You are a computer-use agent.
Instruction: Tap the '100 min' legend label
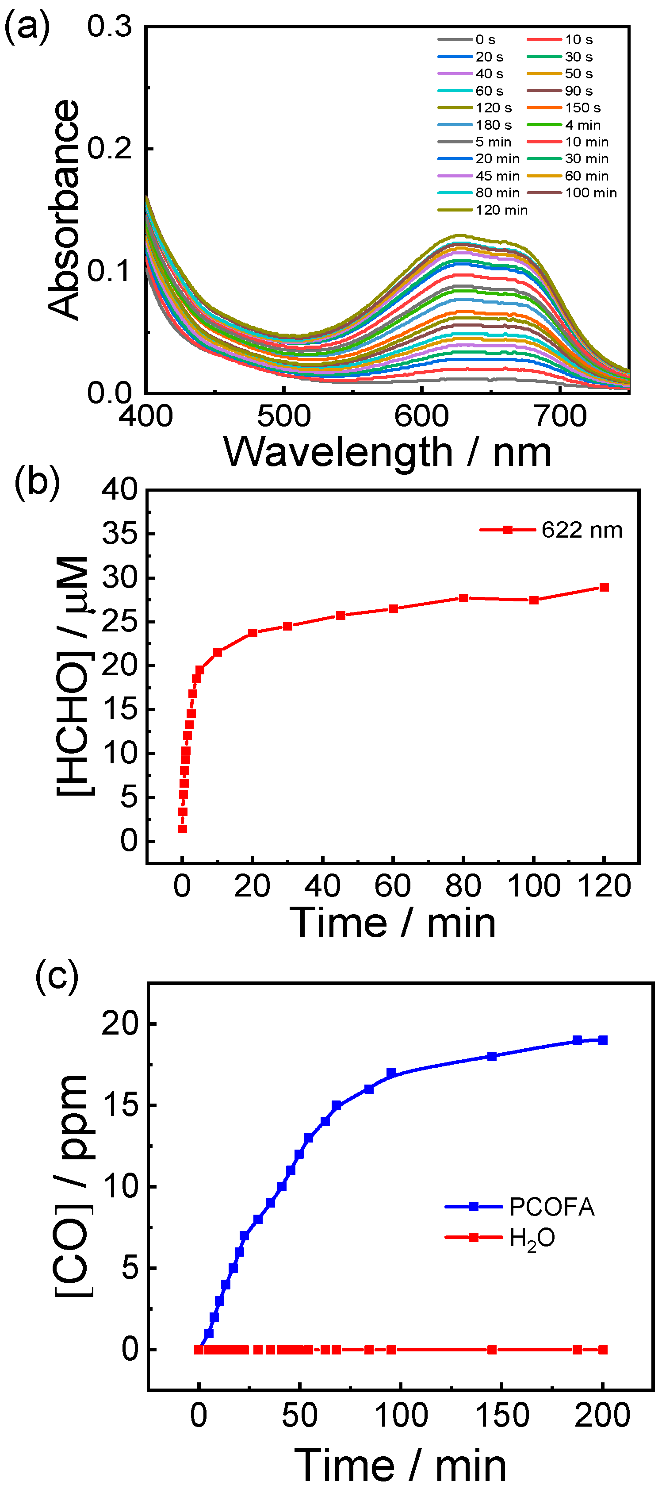click(x=590, y=192)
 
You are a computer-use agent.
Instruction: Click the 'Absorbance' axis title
click(x=64, y=209)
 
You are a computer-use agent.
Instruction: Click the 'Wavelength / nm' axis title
click(x=387, y=452)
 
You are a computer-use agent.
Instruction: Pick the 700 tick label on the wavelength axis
click(x=560, y=416)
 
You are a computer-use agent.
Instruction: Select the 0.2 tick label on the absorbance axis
click(x=109, y=149)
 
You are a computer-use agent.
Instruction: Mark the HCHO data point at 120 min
click(x=604, y=587)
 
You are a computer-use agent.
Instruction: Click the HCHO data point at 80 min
click(x=463, y=598)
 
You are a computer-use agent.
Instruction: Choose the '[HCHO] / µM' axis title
click(x=74, y=676)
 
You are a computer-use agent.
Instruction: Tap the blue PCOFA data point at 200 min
click(x=602, y=1040)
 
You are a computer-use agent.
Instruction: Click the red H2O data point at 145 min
click(x=492, y=1350)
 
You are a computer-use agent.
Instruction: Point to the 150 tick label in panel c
click(x=501, y=1416)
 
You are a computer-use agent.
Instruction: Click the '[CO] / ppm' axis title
click(x=72, y=1187)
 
